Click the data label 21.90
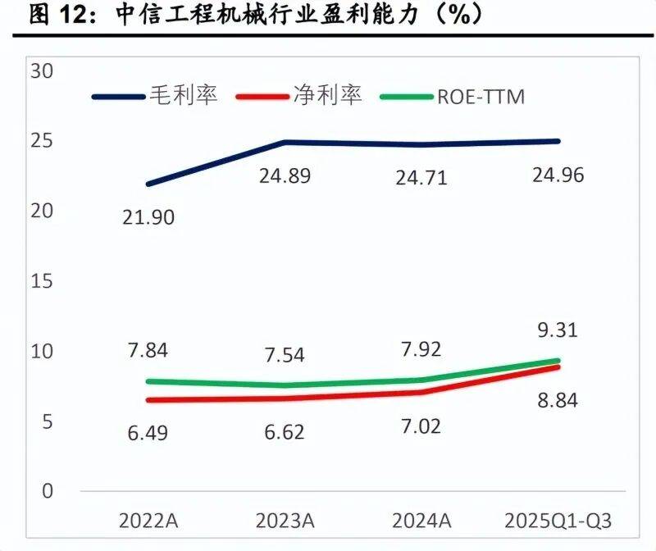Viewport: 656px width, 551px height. point(148,217)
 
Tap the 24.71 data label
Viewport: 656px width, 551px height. point(420,177)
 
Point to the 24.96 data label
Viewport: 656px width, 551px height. point(557,175)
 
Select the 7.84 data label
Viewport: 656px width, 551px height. point(148,350)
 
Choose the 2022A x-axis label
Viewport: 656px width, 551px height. point(148,521)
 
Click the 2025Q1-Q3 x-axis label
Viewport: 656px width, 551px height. point(558,521)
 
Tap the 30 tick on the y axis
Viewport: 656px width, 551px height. point(40,71)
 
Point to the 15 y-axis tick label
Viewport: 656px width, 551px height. point(40,280)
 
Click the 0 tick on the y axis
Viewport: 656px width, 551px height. point(47,490)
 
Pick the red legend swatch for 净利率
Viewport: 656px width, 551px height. point(262,96)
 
